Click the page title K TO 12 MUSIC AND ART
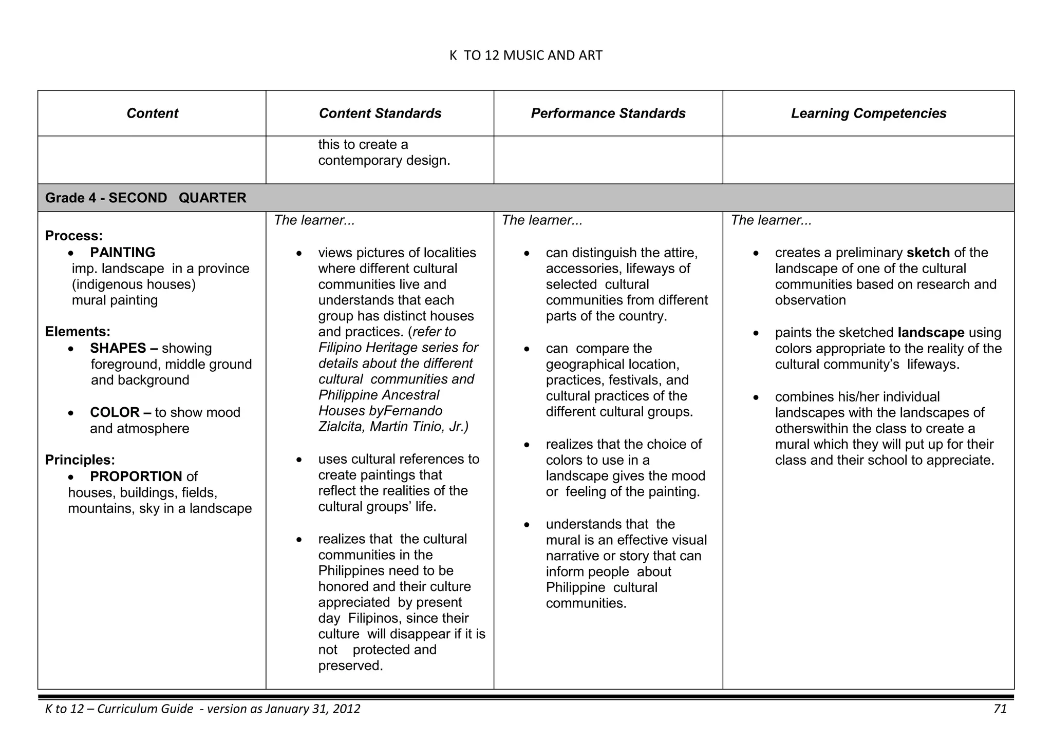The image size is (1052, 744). coord(525,55)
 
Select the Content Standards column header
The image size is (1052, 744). coord(380,113)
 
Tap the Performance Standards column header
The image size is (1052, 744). coord(608,113)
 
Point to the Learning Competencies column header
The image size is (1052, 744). coord(869,113)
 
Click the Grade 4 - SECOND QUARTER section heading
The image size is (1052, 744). coord(146,198)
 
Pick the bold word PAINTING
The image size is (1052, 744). coord(123,253)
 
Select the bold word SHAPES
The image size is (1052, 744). coord(118,348)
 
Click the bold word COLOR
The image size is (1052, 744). coord(115,412)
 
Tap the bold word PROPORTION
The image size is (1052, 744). coord(136,476)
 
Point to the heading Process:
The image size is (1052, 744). coord(74,236)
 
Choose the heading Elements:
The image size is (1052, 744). coord(78,332)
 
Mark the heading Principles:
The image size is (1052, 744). coord(80,460)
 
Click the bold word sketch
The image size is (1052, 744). coord(928,253)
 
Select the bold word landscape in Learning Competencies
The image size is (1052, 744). coord(931,333)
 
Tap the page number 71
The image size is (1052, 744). coord(1000,709)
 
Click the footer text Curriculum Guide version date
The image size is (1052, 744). coord(203,709)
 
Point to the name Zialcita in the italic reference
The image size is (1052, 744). coord(340,427)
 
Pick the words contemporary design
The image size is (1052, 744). coord(384,161)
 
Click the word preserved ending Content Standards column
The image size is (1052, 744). coord(350,666)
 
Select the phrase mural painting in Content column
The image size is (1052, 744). coord(115,300)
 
